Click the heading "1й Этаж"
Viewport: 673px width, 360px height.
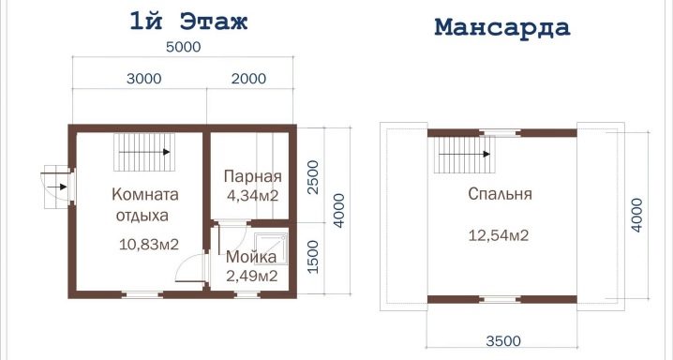pyautogui.click(x=188, y=22)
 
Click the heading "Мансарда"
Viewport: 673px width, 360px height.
pyautogui.click(x=502, y=27)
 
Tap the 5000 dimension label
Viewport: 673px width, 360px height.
pyautogui.click(x=184, y=47)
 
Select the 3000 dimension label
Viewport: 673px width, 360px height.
pyautogui.click(x=144, y=79)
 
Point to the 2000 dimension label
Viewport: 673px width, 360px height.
pyautogui.click(x=249, y=79)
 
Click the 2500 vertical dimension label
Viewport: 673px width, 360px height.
pyautogui.click(x=314, y=177)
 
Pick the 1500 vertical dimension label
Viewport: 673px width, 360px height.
pyautogui.click(x=314, y=257)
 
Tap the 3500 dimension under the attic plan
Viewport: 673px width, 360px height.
pyautogui.click(x=503, y=341)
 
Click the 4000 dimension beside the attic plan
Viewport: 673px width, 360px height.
pyautogui.click(x=637, y=215)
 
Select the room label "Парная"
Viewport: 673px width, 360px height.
pyautogui.click(x=253, y=176)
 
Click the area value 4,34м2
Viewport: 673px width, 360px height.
pyautogui.click(x=252, y=196)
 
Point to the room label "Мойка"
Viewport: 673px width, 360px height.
pyautogui.click(x=251, y=257)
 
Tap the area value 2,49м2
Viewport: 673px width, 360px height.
pyautogui.click(x=251, y=276)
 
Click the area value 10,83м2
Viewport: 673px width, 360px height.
pyautogui.click(x=148, y=244)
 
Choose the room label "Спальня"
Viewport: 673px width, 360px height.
pyautogui.click(x=500, y=194)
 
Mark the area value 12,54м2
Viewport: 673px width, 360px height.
pyautogui.click(x=499, y=235)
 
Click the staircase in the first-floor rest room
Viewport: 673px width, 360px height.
pyautogui.click(x=144, y=152)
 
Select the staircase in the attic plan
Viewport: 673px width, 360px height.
pyautogui.click(x=464, y=155)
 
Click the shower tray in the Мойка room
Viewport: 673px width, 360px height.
pyautogui.click(x=270, y=248)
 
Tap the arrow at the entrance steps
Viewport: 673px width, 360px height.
pyautogui.click(x=56, y=187)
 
